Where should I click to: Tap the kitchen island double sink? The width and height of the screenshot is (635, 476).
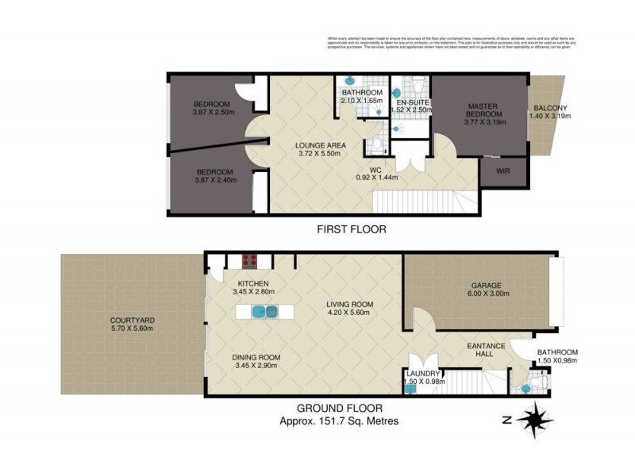coord(264,312)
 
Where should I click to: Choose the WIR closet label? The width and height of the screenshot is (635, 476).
coord(502,171)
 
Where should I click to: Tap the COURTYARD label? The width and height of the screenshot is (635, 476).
coord(132,321)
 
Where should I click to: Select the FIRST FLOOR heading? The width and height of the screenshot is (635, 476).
coord(352,230)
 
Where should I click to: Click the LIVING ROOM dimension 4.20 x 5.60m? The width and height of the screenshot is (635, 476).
coord(349,313)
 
